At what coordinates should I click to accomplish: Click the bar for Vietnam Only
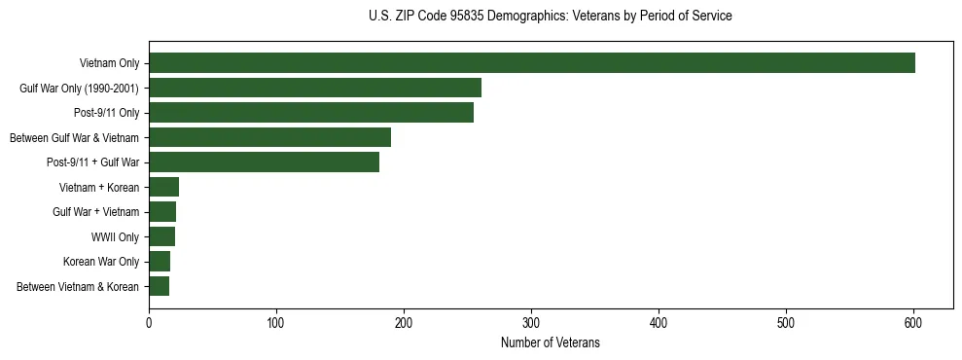[532, 63]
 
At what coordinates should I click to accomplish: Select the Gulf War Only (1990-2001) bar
[315, 89]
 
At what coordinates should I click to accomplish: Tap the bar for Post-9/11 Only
[311, 113]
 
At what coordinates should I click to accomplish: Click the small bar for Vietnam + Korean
[163, 187]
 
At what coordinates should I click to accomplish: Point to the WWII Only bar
[161, 236]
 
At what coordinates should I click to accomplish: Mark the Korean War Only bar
[160, 262]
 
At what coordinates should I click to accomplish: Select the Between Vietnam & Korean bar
[159, 286]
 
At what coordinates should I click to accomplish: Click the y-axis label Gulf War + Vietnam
[95, 212]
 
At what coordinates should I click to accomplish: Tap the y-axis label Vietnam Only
[109, 64]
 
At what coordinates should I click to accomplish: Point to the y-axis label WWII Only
[115, 237]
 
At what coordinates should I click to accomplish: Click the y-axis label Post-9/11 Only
[106, 113]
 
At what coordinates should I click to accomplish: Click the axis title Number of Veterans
[550, 343]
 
